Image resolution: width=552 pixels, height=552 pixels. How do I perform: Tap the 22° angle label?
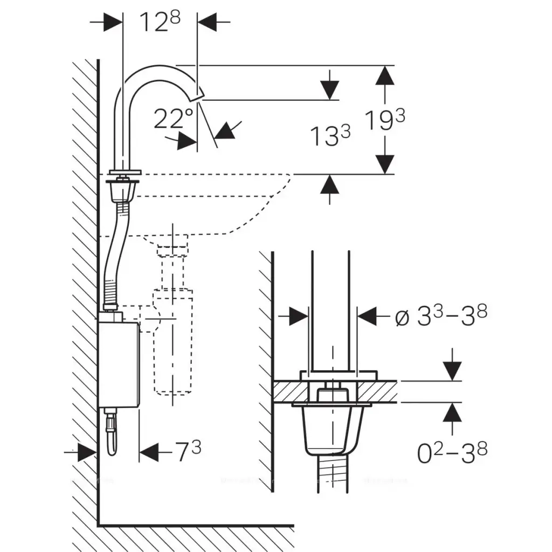pyautogui.click(x=173, y=119)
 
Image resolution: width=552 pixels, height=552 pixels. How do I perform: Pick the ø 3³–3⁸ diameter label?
pyautogui.click(x=441, y=317)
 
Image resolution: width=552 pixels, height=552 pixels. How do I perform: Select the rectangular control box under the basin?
pyautogui.click(x=119, y=362)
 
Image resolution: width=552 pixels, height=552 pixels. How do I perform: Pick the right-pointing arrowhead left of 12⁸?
pyautogui.click(x=113, y=22)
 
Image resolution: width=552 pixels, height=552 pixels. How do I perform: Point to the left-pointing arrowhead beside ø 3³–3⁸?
pyautogui.click(x=369, y=316)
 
